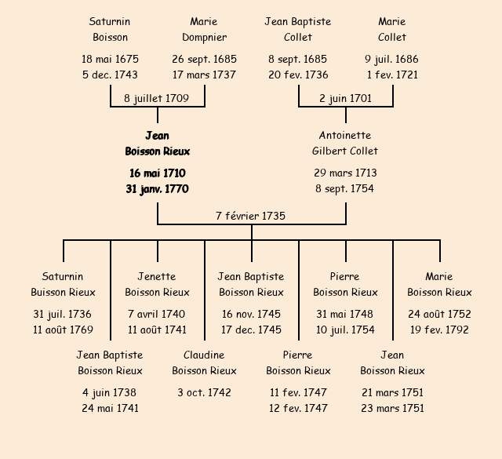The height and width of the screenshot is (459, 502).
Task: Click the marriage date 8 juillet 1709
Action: click(x=157, y=98)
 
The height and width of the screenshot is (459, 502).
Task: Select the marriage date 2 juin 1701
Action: click(x=345, y=98)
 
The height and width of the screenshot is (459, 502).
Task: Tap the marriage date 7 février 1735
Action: click(x=251, y=216)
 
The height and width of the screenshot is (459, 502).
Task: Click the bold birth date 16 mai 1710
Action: click(x=157, y=173)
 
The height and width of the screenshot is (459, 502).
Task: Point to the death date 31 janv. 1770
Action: click(x=157, y=188)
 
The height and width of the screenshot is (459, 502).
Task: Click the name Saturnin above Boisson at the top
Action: click(x=110, y=21)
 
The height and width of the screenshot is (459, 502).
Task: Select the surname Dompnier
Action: click(x=204, y=37)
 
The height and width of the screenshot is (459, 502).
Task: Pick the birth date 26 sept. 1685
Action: click(x=204, y=59)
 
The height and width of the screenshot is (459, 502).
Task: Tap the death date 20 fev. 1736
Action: click(x=298, y=75)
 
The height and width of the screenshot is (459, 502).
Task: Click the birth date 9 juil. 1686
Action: click(x=392, y=59)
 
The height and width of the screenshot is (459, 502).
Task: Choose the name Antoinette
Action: click(x=345, y=135)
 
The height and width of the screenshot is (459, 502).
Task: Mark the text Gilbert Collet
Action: click(x=345, y=151)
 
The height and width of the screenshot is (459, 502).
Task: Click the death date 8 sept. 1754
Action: click(x=345, y=188)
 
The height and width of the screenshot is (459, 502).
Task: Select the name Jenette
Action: click(x=157, y=276)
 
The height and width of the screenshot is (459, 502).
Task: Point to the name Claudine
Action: click(x=204, y=355)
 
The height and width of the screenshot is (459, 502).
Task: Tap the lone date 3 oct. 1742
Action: click(x=204, y=392)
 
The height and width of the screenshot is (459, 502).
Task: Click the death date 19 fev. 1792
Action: click(x=439, y=330)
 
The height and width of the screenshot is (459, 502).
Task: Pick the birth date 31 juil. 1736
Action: click(x=63, y=314)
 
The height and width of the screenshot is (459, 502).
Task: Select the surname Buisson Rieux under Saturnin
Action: click(x=63, y=292)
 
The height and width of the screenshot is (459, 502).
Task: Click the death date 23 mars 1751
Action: click(x=392, y=408)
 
